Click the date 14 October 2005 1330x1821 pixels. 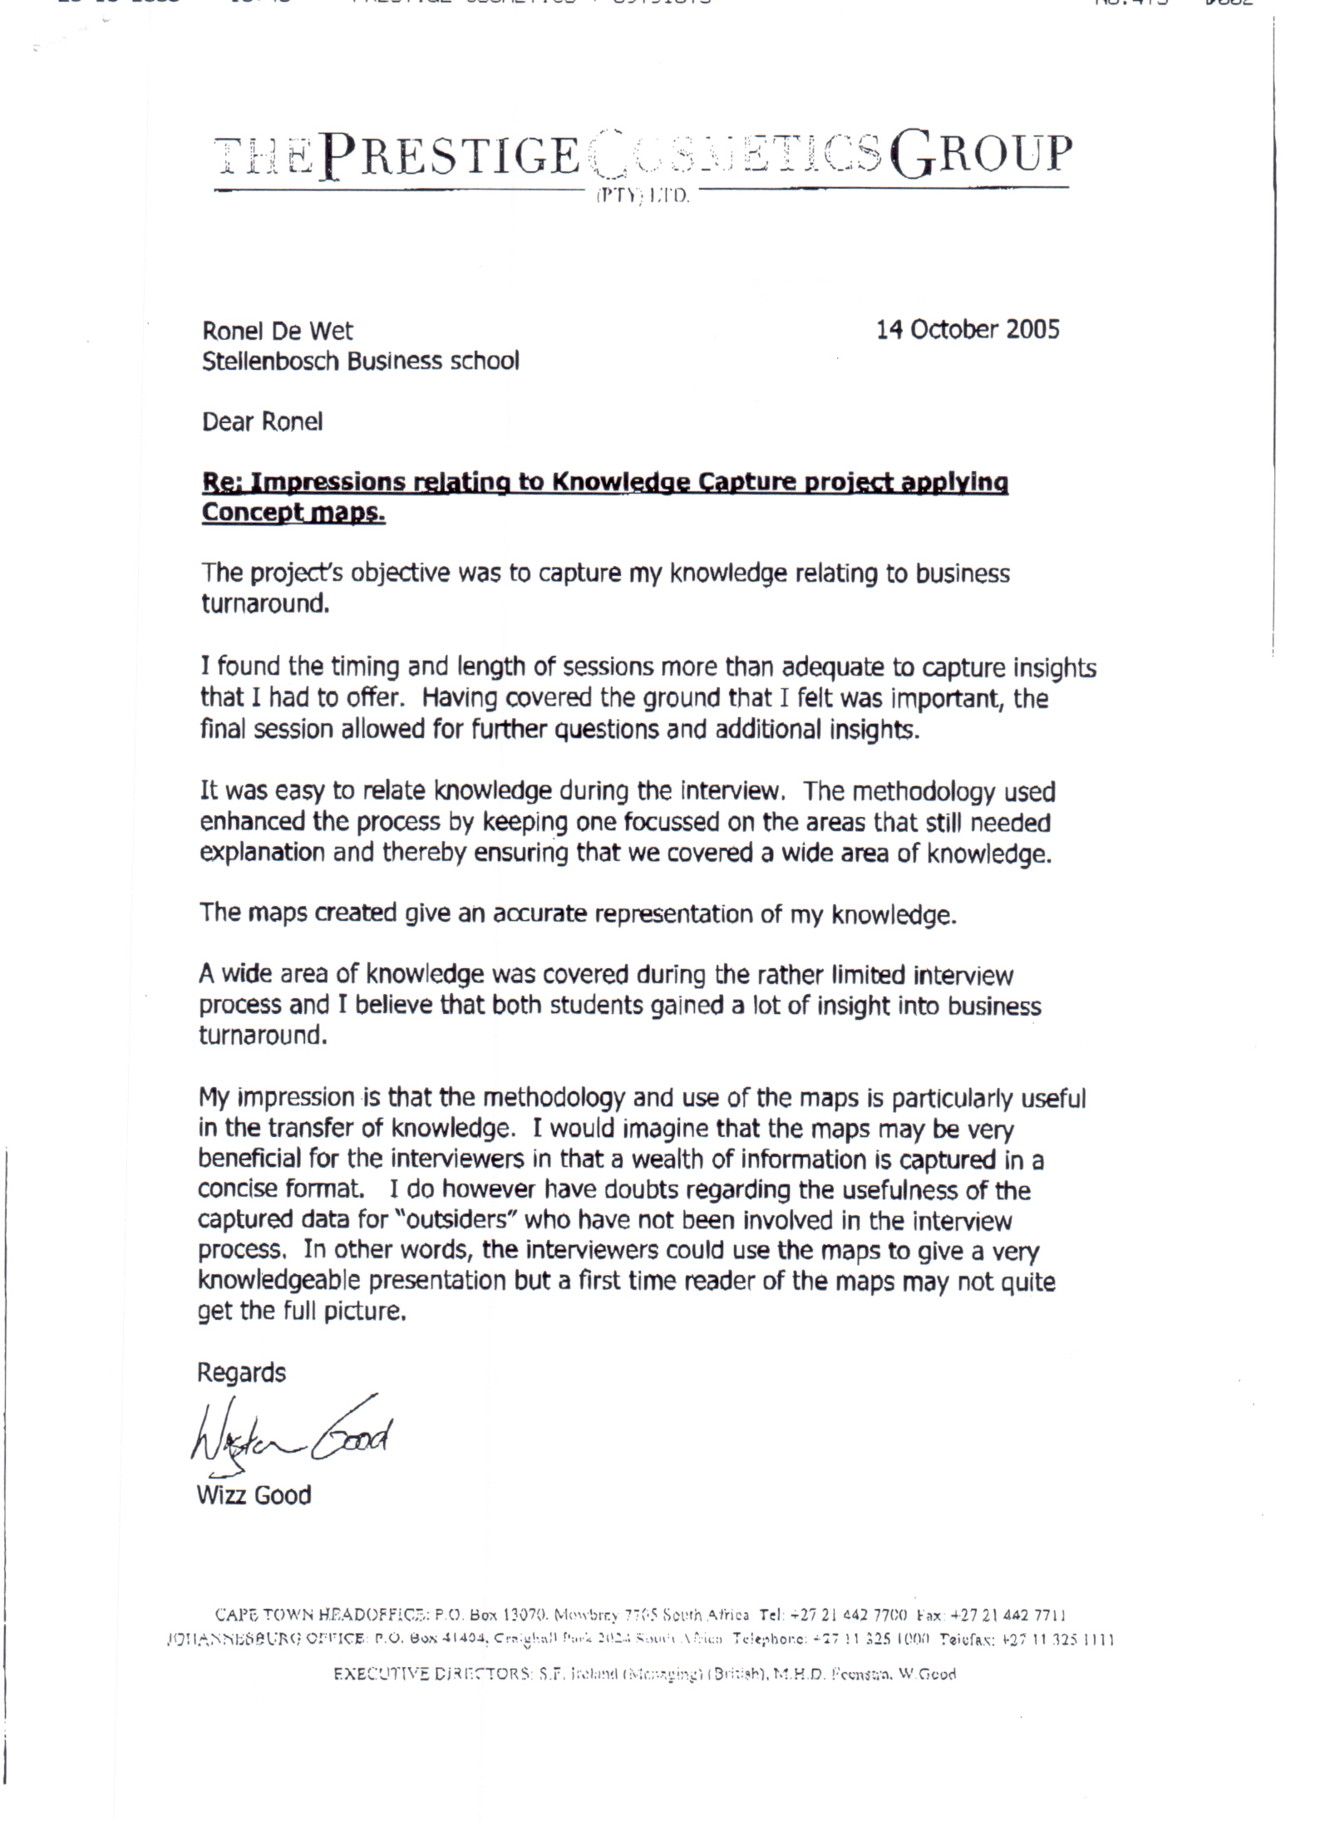click(968, 330)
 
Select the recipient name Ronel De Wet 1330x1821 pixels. click(278, 331)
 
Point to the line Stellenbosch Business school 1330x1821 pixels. click(360, 362)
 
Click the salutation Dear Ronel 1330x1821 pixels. click(262, 422)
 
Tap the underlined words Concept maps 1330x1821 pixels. click(293, 513)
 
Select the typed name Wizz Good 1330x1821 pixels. click(254, 1496)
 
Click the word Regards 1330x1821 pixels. click(241, 1373)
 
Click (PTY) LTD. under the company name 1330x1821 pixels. click(639, 199)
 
